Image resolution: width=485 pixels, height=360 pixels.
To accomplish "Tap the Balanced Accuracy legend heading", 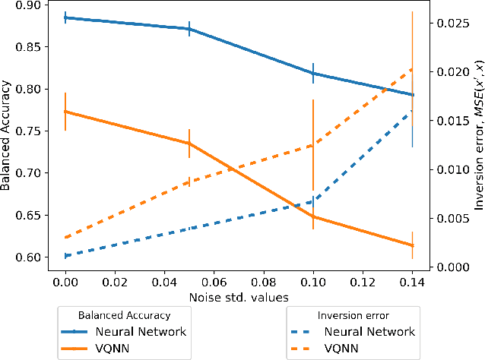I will [125, 314].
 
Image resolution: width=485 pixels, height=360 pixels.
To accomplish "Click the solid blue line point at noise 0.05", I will [189, 29].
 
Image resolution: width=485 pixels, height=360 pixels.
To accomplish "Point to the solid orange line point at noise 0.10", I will [313, 216].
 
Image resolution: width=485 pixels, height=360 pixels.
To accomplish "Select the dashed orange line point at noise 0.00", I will [65, 238].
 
